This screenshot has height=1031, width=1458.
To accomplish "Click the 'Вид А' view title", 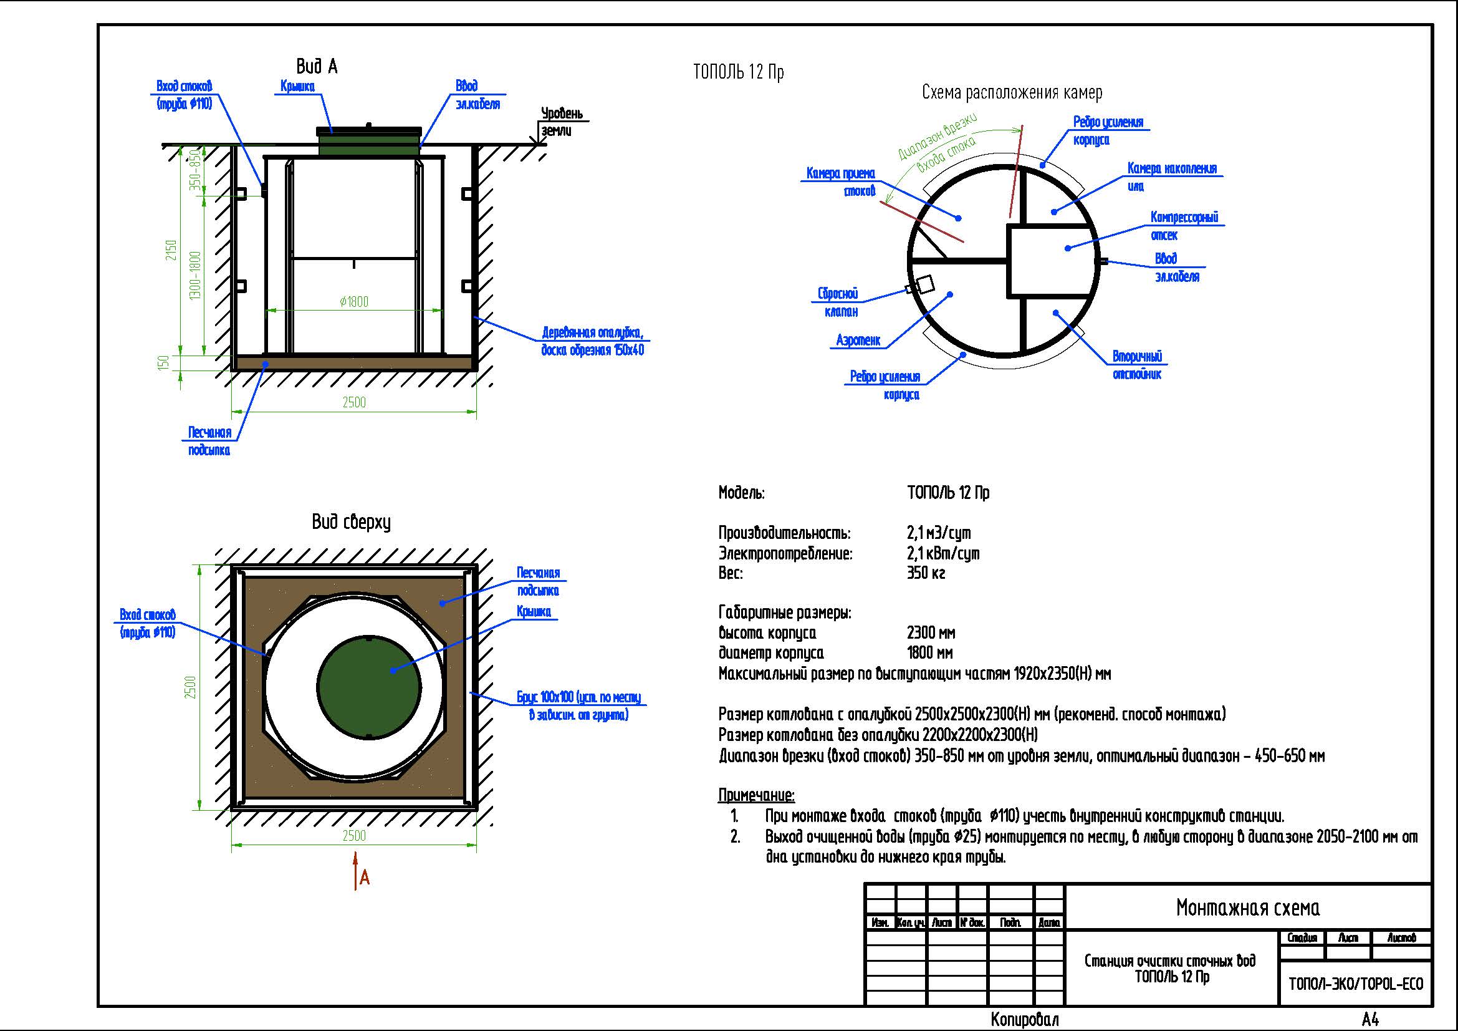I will pyautogui.click(x=316, y=67).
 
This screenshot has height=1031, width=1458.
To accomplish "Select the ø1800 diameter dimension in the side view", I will pyautogui.click(x=353, y=302).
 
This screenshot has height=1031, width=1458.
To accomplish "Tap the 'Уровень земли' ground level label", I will pyautogui.click(x=561, y=122).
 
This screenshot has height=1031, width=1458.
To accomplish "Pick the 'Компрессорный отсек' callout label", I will pyautogui.click(x=1184, y=226).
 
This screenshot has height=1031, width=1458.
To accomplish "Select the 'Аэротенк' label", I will pyautogui.click(x=858, y=341).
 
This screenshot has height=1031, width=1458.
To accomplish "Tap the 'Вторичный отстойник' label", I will pyautogui.click(x=1137, y=365).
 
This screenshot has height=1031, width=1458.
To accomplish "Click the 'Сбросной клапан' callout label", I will pyautogui.click(x=838, y=303).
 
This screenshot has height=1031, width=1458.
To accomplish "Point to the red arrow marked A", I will pyautogui.click(x=357, y=873).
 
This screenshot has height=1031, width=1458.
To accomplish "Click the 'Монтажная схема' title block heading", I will pyautogui.click(x=1247, y=908).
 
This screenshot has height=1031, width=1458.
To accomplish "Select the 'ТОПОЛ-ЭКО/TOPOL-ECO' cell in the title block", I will pyautogui.click(x=1355, y=984).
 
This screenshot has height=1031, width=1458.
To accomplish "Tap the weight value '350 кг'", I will pyautogui.click(x=926, y=573).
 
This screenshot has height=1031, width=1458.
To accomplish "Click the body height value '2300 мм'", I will pyautogui.click(x=931, y=632).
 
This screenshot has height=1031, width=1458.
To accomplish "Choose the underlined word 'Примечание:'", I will pyautogui.click(x=756, y=795).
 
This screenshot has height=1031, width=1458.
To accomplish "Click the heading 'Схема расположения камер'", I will pyautogui.click(x=1012, y=93).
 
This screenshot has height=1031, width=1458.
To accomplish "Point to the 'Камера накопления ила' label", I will pyautogui.click(x=1172, y=177).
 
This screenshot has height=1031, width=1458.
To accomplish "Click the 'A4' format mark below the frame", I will pyautogui.click(x=1369, y=1020).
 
